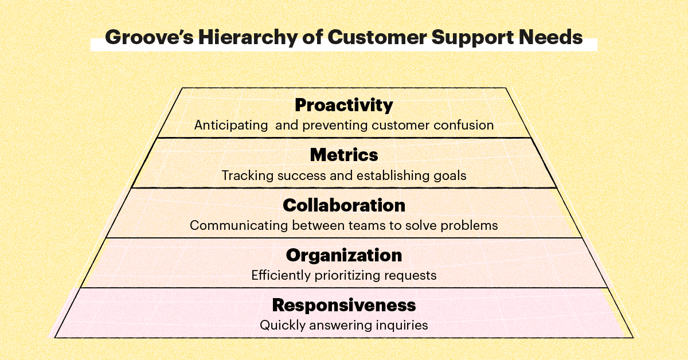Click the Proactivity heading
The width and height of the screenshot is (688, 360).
(344, 105)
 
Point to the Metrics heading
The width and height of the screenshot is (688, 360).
(344, 155)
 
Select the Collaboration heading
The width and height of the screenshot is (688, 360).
(344, 205)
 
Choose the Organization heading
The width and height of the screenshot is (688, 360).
(344, 255)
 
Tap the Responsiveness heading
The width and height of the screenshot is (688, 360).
(344, 305)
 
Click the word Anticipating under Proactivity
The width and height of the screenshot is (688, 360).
(231, 125)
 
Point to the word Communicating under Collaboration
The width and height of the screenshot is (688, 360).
(239, 225)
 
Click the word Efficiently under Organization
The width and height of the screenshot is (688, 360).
(279, 275)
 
